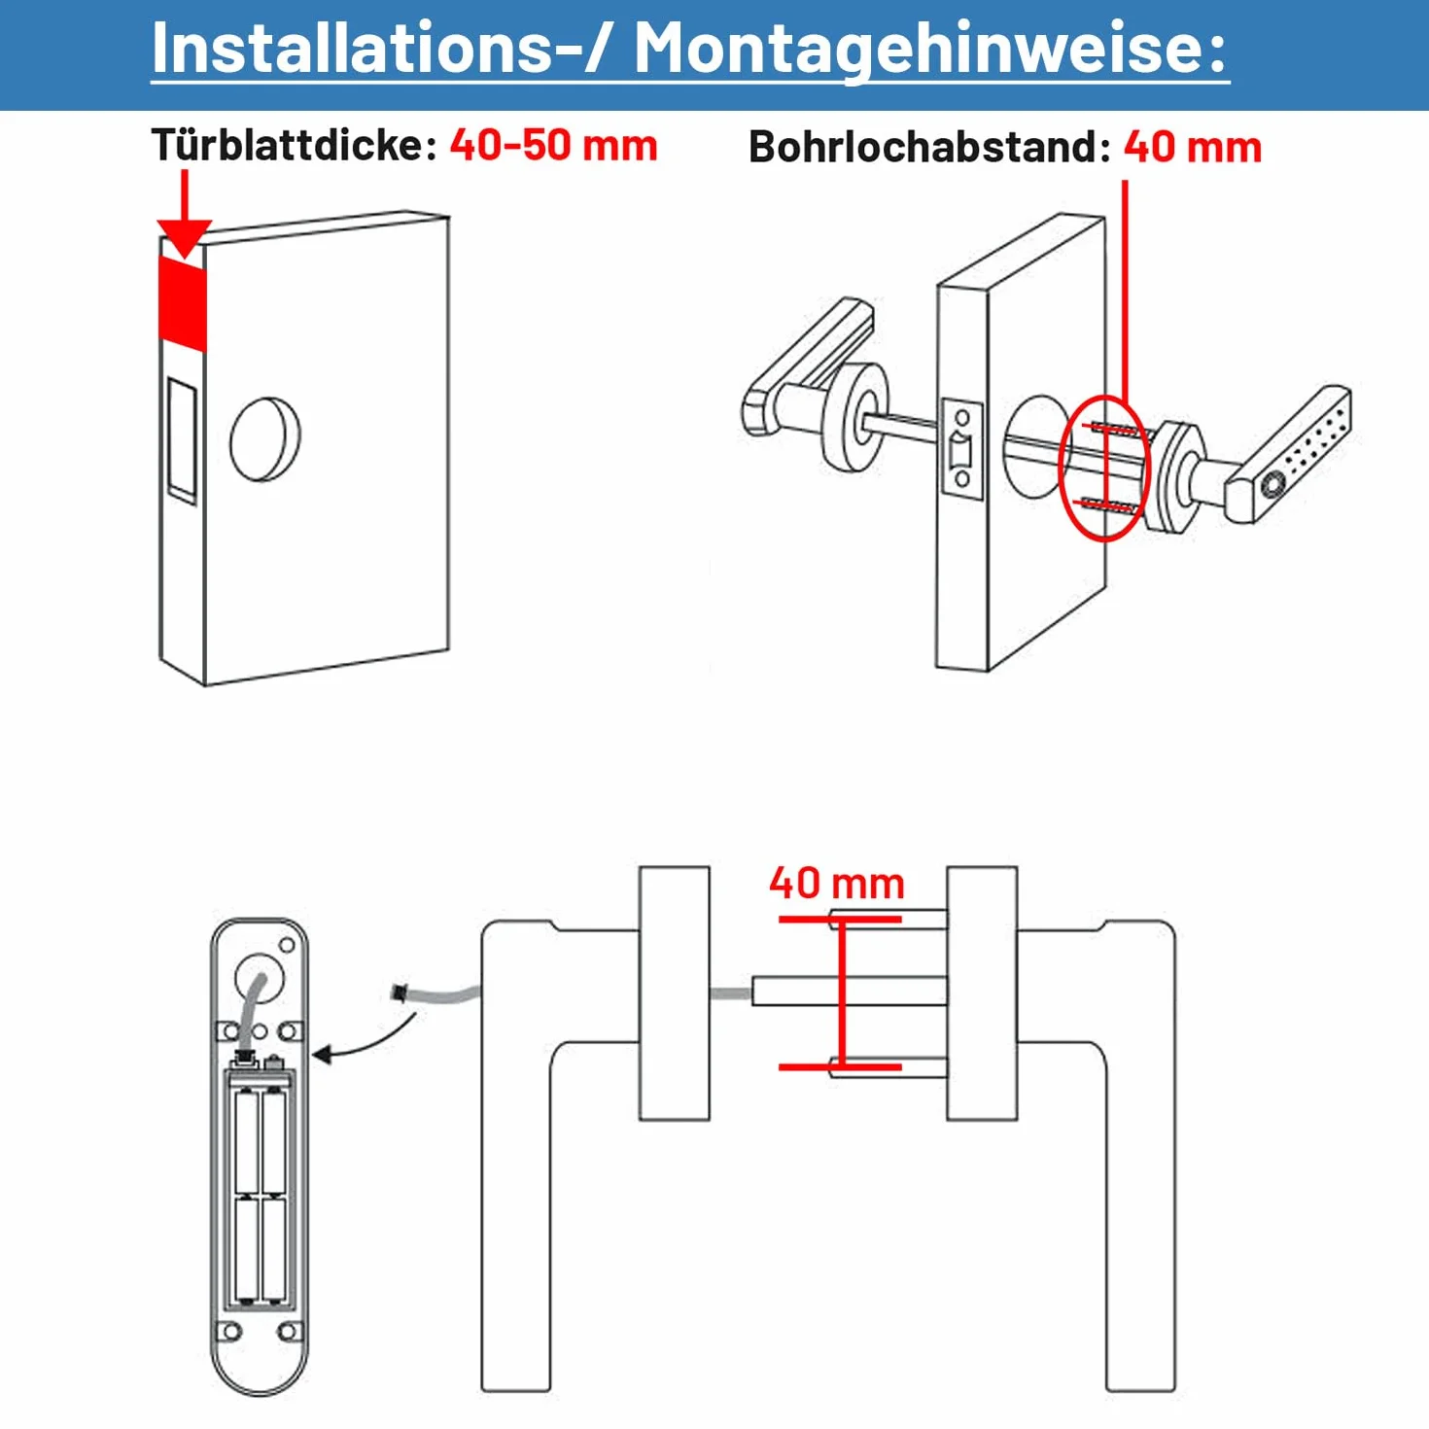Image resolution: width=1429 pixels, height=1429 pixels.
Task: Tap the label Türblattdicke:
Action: [294, 144]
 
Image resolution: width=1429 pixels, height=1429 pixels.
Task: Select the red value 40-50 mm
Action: [553, 145]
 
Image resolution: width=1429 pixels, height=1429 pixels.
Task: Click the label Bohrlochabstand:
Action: [930, 146]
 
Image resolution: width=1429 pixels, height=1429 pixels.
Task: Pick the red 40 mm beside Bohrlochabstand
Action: [1193, 147]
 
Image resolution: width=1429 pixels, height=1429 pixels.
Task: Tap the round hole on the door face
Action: [265, 439]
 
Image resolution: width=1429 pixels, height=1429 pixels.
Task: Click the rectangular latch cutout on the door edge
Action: [182, 440]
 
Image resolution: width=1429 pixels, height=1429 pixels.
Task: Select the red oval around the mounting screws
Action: [1103, 469]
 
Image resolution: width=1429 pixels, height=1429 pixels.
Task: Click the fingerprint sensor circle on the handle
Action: [1272, 486]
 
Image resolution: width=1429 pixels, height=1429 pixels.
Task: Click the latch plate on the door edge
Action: [961, 449]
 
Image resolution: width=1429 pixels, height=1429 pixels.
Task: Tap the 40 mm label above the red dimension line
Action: [836, 884]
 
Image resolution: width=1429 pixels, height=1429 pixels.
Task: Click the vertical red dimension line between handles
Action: [842, 993]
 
